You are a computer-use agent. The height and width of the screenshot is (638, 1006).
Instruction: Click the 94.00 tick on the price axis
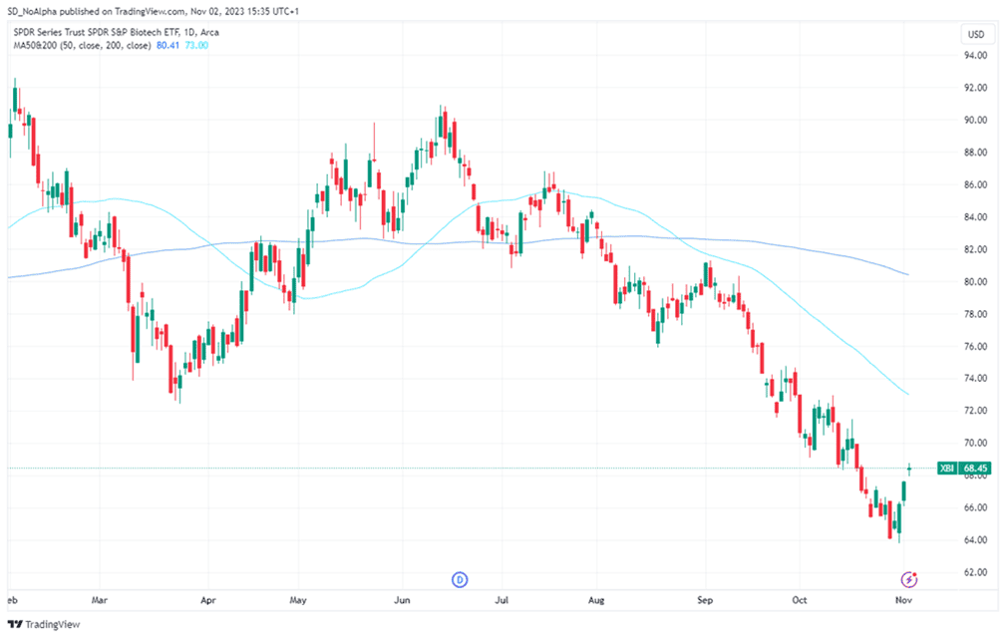pos(975,55)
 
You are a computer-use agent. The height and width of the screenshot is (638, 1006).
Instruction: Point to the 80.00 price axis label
pos(975,281)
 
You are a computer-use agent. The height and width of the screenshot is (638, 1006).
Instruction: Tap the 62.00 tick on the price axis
pos(975,572)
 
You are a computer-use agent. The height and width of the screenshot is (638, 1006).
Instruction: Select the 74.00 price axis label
pos(975,378)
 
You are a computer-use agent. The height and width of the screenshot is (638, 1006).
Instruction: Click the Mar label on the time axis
pos(100,601)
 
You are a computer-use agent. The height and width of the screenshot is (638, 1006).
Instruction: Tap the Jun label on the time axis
pos(403,601)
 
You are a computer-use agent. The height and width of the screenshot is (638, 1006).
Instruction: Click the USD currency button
pos(975,35)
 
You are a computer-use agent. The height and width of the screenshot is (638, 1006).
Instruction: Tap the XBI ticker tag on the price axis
pos(946,468)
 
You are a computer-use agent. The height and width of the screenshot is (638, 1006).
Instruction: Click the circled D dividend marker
pos(460,578)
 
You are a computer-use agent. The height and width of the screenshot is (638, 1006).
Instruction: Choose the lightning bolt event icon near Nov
pos(909,578)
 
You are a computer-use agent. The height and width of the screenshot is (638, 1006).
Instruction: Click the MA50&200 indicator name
pos(34,46)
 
